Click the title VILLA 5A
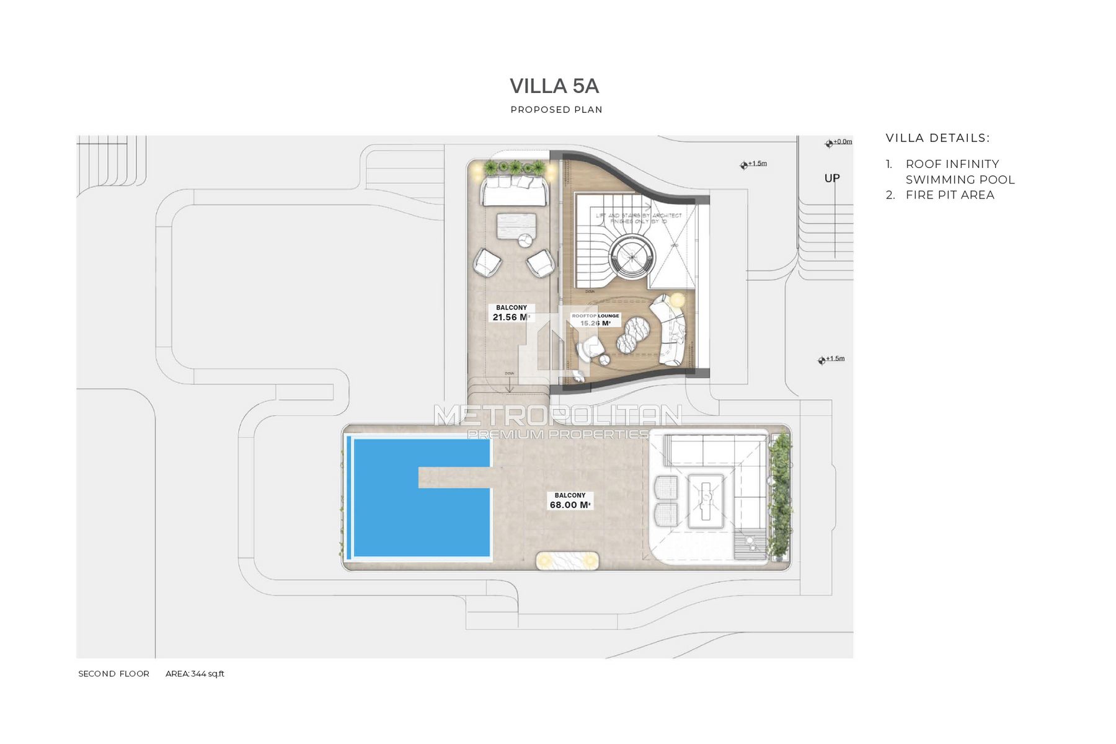(x=554, y=86)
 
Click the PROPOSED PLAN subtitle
(x=556, y=110)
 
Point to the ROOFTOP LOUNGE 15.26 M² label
(x=595, y=320)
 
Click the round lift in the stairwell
(x=632, y=256)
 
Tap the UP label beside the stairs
(x=831, y=179)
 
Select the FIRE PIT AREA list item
(x=949, y=195)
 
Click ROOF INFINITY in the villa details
(x=952, y=164)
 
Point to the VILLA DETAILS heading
(x=937, y=138)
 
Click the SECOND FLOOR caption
(x=113, y=674)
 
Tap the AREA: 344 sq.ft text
(x=195, y=674)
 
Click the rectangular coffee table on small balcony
(x=516, y=224)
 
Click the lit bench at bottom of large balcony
(x=567, y=560)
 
